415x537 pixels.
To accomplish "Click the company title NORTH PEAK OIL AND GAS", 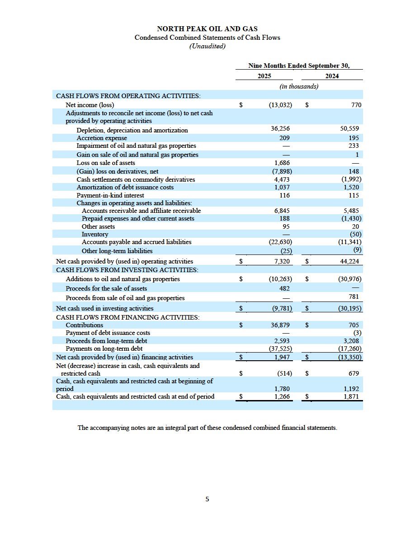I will (207, 29).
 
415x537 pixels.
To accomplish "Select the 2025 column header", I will (264, 76).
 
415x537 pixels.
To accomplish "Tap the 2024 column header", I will (332, 76).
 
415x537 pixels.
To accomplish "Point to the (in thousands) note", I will (299, 86).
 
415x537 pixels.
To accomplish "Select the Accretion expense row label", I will (102, 138).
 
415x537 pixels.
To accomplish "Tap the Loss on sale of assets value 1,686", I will (282, 163).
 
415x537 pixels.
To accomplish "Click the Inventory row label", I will (95, 234).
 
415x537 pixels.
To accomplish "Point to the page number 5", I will (207, 499).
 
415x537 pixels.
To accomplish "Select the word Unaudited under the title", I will (207, 46).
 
